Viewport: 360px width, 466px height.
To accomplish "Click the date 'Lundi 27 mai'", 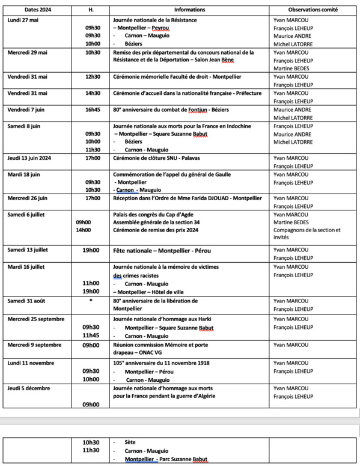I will pos(25,19).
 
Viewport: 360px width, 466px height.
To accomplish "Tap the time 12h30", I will pos(93,76).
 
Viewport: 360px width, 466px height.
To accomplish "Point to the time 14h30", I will pos(93,93).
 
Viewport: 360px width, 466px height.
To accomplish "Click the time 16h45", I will pos(93,110).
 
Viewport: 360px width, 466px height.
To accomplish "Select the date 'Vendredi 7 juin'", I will pos(28,110).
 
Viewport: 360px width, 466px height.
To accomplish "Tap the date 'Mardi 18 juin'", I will pos(24,175).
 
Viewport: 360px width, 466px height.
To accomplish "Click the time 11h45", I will pos(93,336).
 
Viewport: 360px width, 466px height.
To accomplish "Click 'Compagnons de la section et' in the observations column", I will pos(307,230).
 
